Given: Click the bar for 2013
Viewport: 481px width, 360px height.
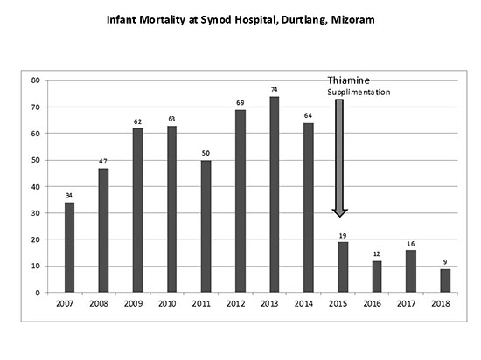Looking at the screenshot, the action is [x=275, y=195].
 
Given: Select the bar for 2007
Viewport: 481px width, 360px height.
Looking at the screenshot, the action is [x=69, y=247].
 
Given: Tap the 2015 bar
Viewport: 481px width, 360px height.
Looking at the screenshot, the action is [x=343, y=267].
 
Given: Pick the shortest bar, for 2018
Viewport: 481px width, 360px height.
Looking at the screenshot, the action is [x=445, y=280].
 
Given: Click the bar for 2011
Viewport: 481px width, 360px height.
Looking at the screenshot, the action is [x=206, y=226].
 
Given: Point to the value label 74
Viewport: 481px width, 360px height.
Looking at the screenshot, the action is [x=275, y=89].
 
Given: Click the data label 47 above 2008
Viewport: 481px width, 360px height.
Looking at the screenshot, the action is [x=103, y=161].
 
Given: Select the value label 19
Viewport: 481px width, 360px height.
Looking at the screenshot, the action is [x=343, y=236].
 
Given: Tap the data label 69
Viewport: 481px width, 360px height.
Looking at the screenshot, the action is [x=240, y=103].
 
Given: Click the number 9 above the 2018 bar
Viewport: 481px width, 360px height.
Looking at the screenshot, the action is [x=445, y=262].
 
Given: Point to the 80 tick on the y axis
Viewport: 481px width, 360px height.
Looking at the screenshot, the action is [x=36, y=80].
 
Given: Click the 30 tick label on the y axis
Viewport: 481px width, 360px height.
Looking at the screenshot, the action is [x=36, y=213].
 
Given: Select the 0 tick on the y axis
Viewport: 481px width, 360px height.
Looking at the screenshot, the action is [x=38, y=293].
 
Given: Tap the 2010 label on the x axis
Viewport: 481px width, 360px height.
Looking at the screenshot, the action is [x=167, y=303].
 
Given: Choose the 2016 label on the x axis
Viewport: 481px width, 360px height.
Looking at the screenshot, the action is [x=373, y=303].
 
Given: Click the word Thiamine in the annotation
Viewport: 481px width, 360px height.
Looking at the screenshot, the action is [x=348, y=80].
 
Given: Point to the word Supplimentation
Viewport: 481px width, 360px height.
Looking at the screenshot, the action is [x=359, y=93].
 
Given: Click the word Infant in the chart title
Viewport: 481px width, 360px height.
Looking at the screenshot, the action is [x=122, y=20].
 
